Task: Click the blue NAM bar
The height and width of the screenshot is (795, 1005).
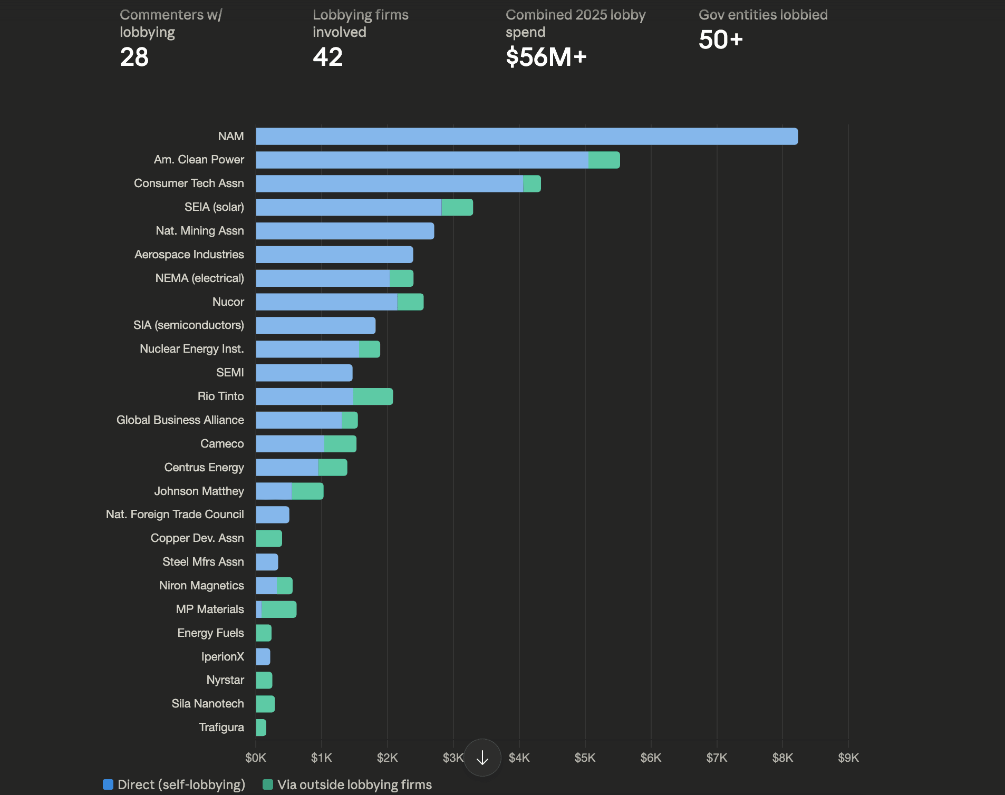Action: (x=526, y=137)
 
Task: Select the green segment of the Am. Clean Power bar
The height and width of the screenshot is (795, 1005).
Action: (x=604, y=160)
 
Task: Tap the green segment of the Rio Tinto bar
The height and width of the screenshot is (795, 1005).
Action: (x=373, y=396)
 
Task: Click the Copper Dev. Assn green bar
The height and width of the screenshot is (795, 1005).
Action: (x=269, y=538)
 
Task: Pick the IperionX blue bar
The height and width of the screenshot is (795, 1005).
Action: (x=263, y=657)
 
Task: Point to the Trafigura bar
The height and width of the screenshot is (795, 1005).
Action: (x=261, y=728)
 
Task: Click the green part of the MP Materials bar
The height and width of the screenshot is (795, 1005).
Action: (x=279, y=609)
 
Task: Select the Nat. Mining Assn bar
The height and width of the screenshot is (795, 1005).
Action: (x=345, y=231)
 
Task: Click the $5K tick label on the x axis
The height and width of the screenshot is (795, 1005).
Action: (x=585, y=758)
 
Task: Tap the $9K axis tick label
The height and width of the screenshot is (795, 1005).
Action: (x=848, y=758)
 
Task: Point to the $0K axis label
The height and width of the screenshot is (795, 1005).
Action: (x=256, y=758)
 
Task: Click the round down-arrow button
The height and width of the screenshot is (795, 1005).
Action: (x=482, y=758)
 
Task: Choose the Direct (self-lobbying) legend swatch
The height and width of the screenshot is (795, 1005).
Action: (x=108, y=784)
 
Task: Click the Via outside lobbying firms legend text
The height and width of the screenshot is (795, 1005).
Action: (x=354, y=784)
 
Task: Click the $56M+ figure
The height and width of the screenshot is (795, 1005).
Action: (x=546, y=57)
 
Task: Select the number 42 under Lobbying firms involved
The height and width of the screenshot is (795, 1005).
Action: (x=327, y=57)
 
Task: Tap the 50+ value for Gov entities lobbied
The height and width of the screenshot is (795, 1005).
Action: (x=720, y=40)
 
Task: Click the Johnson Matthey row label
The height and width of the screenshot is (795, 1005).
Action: (x=199, y=491)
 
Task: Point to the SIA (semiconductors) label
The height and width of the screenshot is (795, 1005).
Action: (x=188, y=325)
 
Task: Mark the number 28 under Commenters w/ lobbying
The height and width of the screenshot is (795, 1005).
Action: (x=134, y=57)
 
